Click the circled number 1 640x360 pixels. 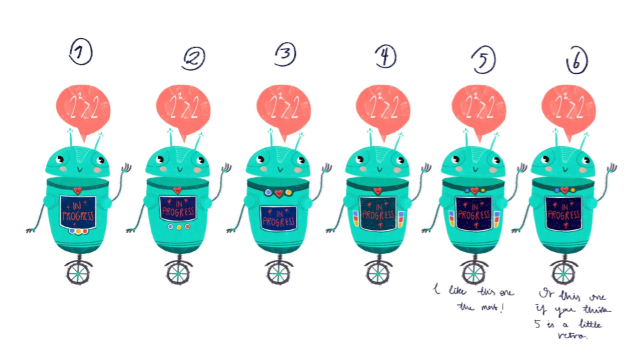(x=81, y=54)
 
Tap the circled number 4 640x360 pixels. (x=385, y=57)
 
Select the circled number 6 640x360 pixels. (x=577, y=62)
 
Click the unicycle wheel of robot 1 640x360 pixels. (x=79, y=272)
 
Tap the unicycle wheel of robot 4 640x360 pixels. (x=378, y=272)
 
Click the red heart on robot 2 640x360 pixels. (x=178, y=190)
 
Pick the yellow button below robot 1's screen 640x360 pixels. (x=86, y=231)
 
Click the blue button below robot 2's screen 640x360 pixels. (x=170, y=227)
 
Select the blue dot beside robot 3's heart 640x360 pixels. (x=268, y=192)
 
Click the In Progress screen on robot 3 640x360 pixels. (x=279, y=217)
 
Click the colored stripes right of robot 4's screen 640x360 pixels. (x=401, y=219)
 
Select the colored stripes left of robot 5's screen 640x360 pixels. (x=451, y=218)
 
